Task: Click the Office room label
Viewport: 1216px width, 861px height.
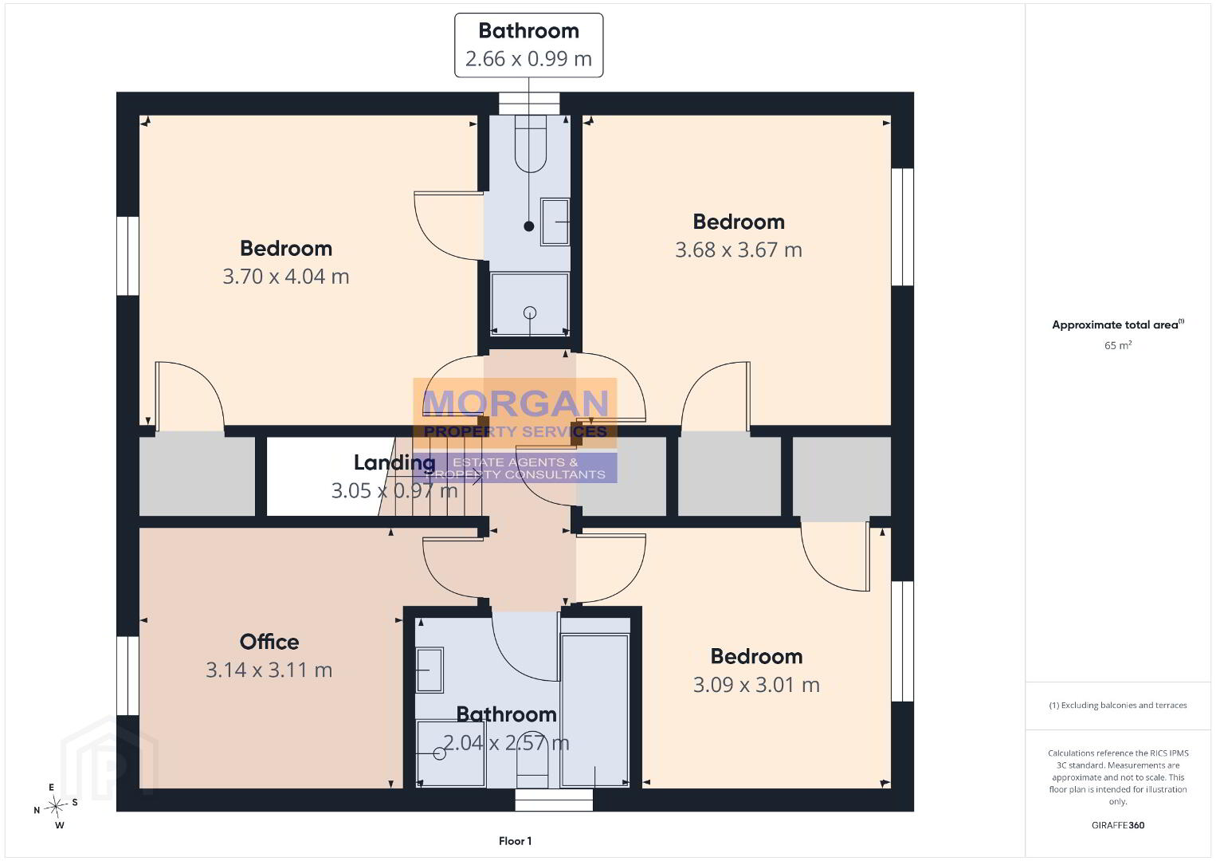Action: coord(269,642)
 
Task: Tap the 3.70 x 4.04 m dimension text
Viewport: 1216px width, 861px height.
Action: coord(285,277)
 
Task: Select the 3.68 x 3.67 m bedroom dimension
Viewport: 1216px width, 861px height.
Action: coord(738,250)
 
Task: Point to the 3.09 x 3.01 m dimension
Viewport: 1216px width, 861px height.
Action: coord(756,685)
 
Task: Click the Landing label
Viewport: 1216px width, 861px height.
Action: coord(394,463)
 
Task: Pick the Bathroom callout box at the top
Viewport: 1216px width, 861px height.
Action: coord(529,45)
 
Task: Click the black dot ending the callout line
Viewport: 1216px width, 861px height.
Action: coord(529,226)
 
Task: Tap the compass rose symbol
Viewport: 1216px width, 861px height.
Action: coord(55,807)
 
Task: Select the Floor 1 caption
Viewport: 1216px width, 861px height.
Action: coord(516,841)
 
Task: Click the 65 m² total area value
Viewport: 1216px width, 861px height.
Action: coord(1118,345)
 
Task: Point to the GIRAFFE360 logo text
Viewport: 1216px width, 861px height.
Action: coord(1118,825)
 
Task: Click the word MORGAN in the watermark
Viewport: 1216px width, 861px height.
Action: coord(516,403)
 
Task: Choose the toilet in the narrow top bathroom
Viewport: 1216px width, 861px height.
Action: coord(531,144)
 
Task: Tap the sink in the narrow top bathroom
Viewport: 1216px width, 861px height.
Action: coord(555,222)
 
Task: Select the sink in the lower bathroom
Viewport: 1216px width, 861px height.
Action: coord(430,670)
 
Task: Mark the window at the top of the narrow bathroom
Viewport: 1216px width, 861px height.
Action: coord(529,103)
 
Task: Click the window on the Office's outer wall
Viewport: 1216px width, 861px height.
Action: coord(128,676)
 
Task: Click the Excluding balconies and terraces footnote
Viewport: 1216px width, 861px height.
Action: coord(1118,705)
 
